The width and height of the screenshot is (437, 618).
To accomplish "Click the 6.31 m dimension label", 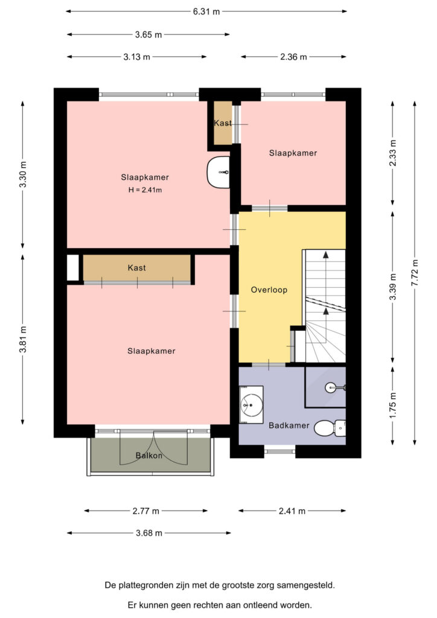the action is point(206,11).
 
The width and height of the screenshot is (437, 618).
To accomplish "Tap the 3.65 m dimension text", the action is point(148,34).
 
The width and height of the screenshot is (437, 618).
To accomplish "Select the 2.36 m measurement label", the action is point(293,57).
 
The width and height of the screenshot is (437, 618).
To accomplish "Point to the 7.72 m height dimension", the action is point(415,273).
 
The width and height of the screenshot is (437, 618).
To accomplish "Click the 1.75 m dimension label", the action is point(392,406).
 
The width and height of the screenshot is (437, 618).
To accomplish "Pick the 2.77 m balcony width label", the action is point(146,511).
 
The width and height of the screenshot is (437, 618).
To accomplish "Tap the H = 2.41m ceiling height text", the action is point(145,190).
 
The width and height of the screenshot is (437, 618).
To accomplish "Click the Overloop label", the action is point(269,290).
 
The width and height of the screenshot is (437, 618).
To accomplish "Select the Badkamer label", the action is point(289,425).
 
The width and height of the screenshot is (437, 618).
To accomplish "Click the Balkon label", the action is point(149,456).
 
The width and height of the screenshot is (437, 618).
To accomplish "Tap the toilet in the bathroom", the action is point(330,428).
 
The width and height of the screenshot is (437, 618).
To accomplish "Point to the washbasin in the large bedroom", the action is point(218,172).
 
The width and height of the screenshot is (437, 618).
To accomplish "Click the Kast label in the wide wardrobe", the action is point(137,268).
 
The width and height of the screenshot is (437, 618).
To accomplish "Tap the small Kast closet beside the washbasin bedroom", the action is point(223,123).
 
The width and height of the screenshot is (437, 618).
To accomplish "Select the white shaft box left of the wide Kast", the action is point(73,268).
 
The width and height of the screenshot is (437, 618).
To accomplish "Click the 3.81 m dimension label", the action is point(23,340).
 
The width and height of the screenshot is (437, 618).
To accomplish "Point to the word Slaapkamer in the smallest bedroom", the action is point(293,153).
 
